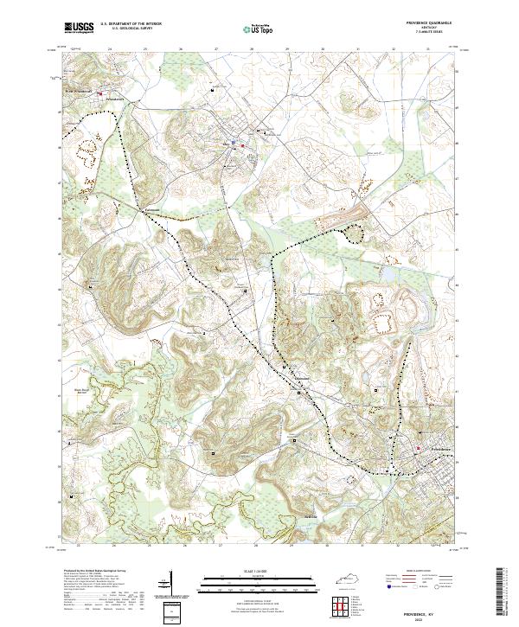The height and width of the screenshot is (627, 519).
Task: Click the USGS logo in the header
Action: (x=80, y=27)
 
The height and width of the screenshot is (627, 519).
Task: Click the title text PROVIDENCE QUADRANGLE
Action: (x=426, y=23)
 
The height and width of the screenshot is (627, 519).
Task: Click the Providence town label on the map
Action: (x=432, y=449)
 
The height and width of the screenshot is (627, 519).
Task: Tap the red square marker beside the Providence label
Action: (x=420, y=449)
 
